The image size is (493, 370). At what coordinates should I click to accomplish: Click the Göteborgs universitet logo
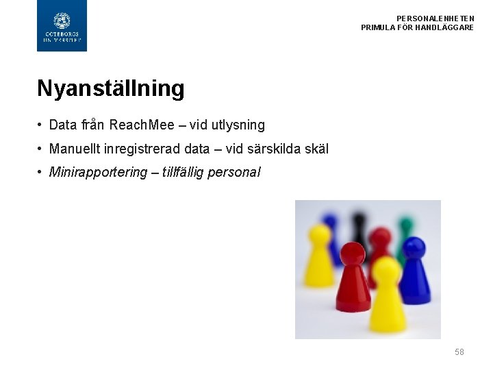tap(62, 26)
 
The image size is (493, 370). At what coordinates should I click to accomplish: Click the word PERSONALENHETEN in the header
tap(435, 18)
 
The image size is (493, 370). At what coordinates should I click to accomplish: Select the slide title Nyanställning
tap(111, 88)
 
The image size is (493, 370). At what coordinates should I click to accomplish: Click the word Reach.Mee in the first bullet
tap(142, 125)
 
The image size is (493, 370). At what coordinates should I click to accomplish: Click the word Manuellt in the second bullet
tap(75, 149)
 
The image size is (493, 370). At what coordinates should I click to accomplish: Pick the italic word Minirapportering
tap(99, 172)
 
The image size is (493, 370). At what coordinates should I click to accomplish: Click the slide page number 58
tap(459, 352)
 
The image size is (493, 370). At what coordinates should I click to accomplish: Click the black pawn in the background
tap(359, 226)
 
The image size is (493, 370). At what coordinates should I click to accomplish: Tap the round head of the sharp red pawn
tap(353, 255)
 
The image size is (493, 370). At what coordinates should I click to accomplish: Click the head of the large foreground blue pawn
tap(414, 248)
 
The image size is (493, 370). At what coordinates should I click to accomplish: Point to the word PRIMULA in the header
tap(377, 27)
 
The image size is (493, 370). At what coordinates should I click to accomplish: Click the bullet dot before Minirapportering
tap(42, 172)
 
